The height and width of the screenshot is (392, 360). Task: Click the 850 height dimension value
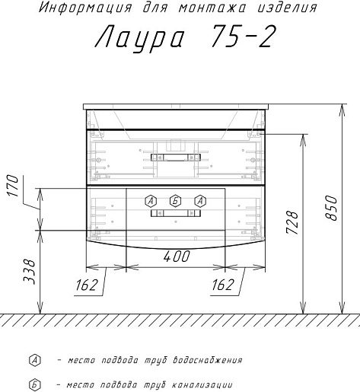[331, 208]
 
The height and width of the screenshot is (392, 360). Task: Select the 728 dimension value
[292, 222]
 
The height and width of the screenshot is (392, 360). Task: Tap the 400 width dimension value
[177, 257]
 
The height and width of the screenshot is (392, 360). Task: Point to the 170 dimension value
[13, 186]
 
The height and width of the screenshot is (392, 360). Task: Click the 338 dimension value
[29, 272]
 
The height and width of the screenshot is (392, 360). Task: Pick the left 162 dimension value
[87, 285]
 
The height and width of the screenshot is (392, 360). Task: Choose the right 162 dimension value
[223, 285]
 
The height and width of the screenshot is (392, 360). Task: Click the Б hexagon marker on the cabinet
[176, 201]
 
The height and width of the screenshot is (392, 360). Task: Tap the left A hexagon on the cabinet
[151, 201]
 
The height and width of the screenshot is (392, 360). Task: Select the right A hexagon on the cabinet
[200, 201]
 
